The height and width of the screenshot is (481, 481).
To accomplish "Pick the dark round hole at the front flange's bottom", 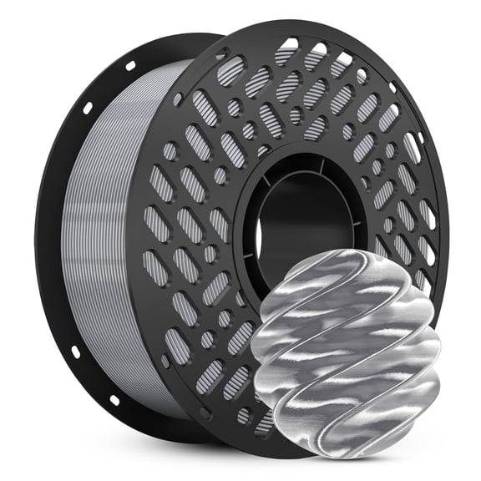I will tap(243, 415).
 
